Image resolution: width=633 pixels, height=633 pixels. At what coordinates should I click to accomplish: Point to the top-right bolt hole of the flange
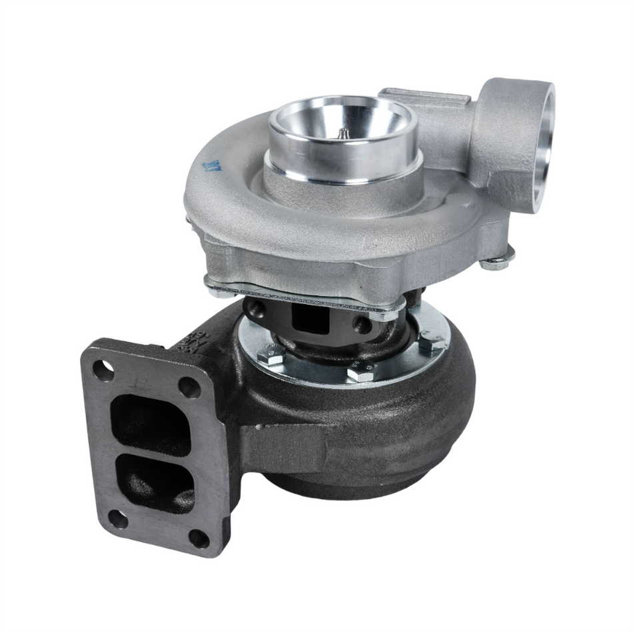pyautogui.click(x=189, y=386)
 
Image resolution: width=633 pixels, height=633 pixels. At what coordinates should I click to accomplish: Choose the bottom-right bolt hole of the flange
pyautogui.click(x=199, y=538)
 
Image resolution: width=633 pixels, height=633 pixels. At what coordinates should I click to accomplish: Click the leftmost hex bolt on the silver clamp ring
pyautogui.click(x=272, y=352)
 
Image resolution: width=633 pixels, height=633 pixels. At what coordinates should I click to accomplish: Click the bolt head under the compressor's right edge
pyautogui.click(x=496, y=261)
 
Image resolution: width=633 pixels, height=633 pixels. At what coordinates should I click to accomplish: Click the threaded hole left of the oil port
pyautogui.click(x=256, y=309)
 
